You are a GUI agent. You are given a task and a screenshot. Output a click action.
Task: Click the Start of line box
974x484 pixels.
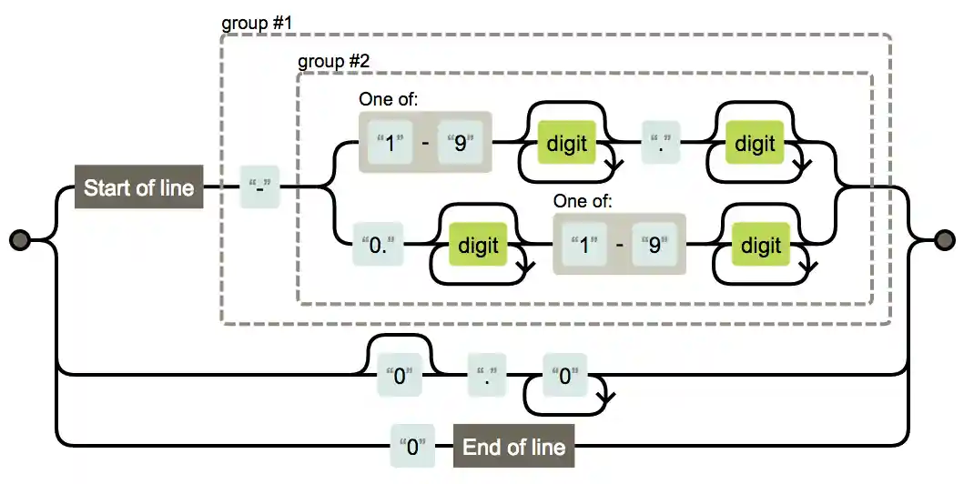(x=138, y=188)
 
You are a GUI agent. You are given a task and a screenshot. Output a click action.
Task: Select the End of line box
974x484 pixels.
(x=513, y=447)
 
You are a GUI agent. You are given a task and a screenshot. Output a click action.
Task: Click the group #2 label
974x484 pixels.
(x=332, y=62)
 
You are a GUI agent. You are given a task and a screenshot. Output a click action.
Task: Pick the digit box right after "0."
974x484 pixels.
(x=478, y=246)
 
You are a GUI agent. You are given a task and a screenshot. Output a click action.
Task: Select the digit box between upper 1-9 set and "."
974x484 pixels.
(x=566, y=144)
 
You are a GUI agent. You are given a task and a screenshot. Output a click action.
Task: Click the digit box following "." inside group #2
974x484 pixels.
(x=755, y=144)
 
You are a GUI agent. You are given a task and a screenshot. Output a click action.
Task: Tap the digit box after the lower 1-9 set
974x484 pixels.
(x=760, y=246)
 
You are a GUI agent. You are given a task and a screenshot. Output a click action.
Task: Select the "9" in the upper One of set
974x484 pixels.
(x=461, y=144)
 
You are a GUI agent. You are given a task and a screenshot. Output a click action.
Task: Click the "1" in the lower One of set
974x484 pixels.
(x=584, y=246)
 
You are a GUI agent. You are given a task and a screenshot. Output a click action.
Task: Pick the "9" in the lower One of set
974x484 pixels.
(x=653, y=246)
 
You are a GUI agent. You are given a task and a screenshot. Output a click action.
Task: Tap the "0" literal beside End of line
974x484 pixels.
(x=412, y=447)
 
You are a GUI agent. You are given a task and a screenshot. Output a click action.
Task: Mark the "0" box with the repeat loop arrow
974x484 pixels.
(x=563, y=376)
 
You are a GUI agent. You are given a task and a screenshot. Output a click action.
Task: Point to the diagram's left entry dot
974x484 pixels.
(x=20, y=239)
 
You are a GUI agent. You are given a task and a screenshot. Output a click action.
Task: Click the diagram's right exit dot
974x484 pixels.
(x=946, y=239)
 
